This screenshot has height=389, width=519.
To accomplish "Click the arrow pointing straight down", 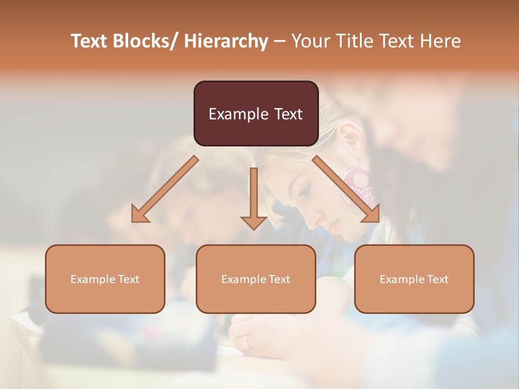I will click(x=254, y=200).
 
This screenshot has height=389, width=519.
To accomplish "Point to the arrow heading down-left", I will click(x=165, y=189).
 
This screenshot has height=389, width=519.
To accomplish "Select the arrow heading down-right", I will click(x=346, y=189).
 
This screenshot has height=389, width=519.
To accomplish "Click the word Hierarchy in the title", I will click(x=226, y=41).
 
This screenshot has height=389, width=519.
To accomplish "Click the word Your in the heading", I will click(x=310, y=41).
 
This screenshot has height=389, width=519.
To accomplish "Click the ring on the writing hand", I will click(x=247, y=341).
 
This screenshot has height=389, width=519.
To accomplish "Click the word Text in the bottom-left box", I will click(x=129, y=279).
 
